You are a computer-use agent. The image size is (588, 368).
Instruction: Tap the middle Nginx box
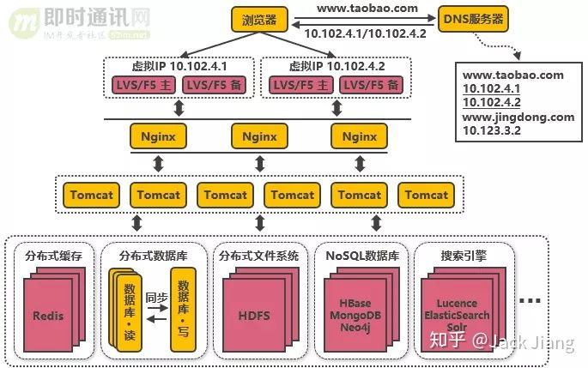tap(259, 136)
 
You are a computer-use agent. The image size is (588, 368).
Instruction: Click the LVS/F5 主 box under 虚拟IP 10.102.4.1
tap(143, 84)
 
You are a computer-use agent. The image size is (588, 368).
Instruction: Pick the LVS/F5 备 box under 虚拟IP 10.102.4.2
tap(371, 84)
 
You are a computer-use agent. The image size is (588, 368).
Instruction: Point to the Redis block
tap(48, 316)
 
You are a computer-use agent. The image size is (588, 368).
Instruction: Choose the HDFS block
tap(253, 316)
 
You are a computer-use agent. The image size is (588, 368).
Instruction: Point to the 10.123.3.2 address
tap(492, 130)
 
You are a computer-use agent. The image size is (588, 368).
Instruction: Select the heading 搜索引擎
tap(464, 256)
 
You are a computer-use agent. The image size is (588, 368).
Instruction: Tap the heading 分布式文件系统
tap(258, 256)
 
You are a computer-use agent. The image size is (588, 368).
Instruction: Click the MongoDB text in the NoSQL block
tap(356, 315)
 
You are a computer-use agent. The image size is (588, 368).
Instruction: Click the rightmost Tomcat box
tap(427, 196)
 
